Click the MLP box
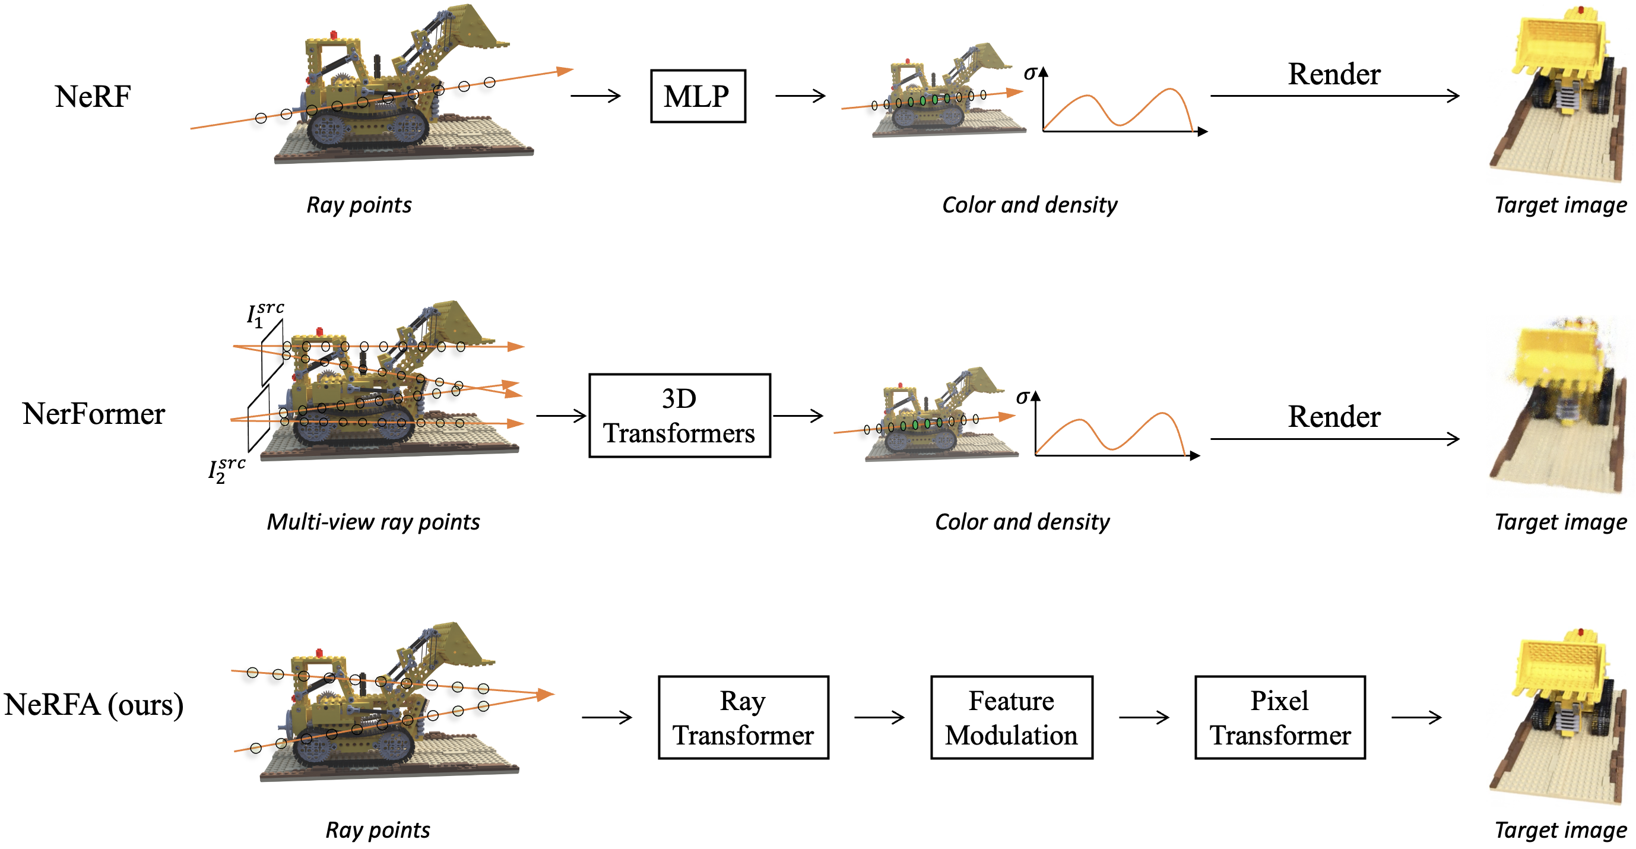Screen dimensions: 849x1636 point(697,96)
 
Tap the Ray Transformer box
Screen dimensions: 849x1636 point(743,717)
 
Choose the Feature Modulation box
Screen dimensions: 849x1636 point(1011,717)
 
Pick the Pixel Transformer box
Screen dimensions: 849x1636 point(1280,717)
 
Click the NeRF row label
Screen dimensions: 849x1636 point(93,97)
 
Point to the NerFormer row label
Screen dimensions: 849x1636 point(93,413)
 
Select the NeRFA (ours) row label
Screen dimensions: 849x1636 point(93,704)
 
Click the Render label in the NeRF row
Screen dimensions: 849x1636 point(1334,74)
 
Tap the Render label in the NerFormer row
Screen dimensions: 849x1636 point(1334,417)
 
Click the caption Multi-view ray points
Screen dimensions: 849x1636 point(373,521)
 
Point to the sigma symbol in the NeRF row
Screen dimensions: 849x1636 point(1030,72)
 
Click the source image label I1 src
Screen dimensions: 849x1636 point(264,313)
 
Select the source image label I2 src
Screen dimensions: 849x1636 point(226,470)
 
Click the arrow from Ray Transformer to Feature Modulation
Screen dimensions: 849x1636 point(879,718)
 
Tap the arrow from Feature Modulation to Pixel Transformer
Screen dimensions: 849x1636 point(1143,718)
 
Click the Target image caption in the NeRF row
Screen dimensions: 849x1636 point(1561,204)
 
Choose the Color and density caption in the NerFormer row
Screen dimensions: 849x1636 point(1022,521)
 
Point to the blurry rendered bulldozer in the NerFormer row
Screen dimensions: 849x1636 point(1562,407)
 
